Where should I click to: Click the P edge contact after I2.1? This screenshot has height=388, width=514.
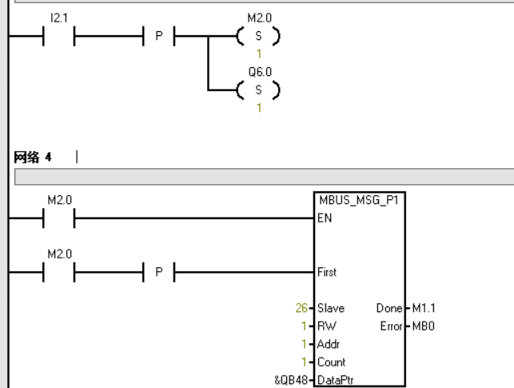pyautogui.click(x=158, y=37)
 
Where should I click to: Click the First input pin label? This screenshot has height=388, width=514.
pyautogui.click(x=326, y=272)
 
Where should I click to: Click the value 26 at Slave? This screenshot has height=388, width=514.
pyautogui.click(x=302, y=308)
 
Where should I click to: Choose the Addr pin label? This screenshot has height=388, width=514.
pyautogui.click(x=327, y=345)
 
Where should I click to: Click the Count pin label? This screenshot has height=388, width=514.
pyautogui.click(x=329, y=363)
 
